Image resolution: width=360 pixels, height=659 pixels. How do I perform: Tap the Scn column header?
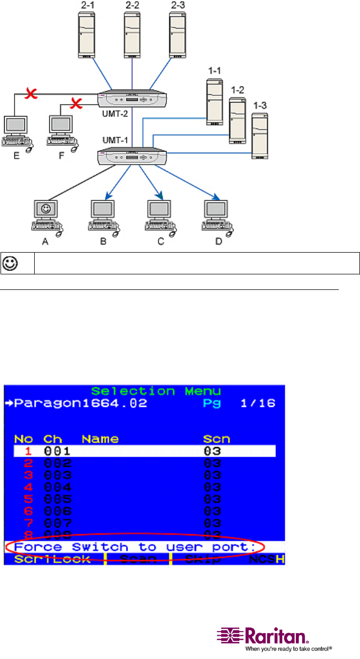point(217,439)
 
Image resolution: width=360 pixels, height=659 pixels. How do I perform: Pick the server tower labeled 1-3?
point(261,135)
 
